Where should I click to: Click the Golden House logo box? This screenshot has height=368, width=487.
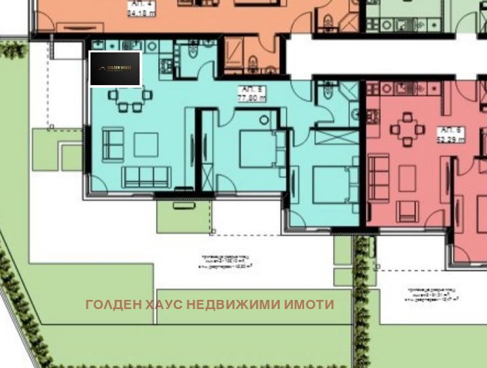pyautogui.click(x=115, y=69)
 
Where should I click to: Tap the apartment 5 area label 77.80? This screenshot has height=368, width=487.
pyautogui.click(x=251, y=96)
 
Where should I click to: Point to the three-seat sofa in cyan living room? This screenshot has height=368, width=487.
pyautogui.click(x=146, y=176)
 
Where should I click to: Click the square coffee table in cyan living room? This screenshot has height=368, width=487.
pyautogui.click(x=146, y=144)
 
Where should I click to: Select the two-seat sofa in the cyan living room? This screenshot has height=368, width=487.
pyautogui.click(x=111, y=143)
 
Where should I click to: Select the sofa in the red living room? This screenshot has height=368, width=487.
pyautogui.click(x=378, y=177)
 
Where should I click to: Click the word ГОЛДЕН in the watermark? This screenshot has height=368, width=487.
pyautogui.click(x=108, y=304)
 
